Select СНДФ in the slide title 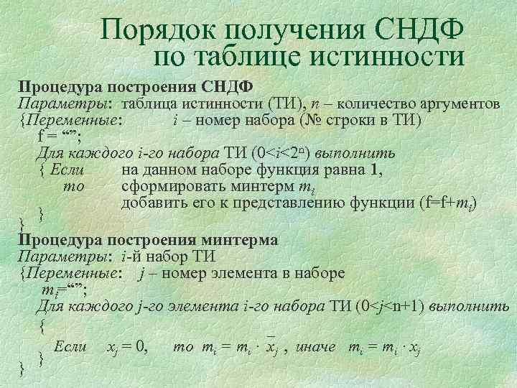click(419, 30)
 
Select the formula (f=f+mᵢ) click(447, 204)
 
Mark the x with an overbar click(271, 347)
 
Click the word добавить click(155, 204)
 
